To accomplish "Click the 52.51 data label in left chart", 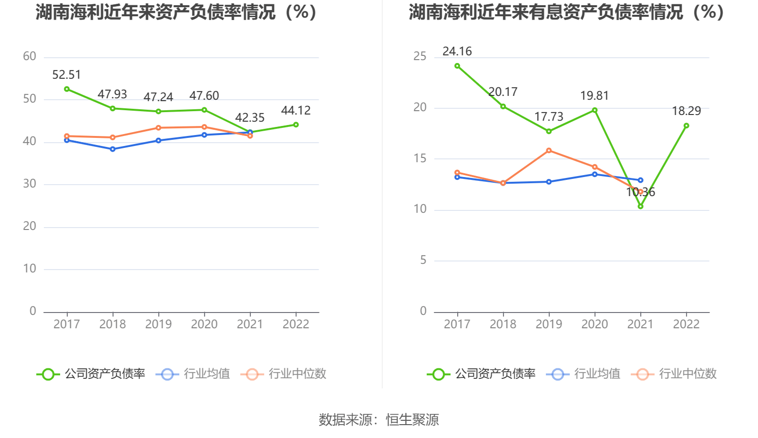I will pyautogui.click(x=66, y=75).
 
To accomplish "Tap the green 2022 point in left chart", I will pyautogui.click(x=296, y=125).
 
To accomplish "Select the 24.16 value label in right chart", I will pyautogui.click(x=457, y=52).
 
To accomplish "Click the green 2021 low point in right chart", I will pyautogui.click(x=640, y=206).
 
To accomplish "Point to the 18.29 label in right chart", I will pyautogui.click(x=686, y=111).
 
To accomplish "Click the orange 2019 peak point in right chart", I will pyautogui.click(x=549, y=150).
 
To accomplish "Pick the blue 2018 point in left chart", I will pyautogui.click(x=113, y=149).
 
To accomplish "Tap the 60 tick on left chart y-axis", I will pyautogui.click(x=30, y=56).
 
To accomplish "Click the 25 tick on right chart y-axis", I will pyautogui.click(x=420, y=56).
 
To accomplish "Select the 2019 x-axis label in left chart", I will pyautogui.click(x=158, y=324).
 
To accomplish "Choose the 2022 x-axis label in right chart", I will pyautogui.click(x=686, y=324).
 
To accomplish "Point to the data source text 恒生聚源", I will pyautogui.click(x=412, y=420).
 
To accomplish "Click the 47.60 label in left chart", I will pyautogui.click(x=204, y=96).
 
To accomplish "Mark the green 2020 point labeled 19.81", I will pyautogui.click(x=594, y=110).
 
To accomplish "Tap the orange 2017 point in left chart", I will pyautogui.click(x=67, y=136).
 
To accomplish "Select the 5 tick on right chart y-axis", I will pyautogui.click(x=423, y=260).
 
